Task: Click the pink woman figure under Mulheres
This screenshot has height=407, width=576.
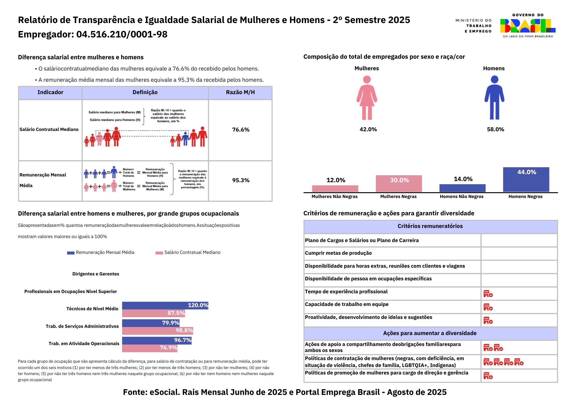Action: pos(367,98)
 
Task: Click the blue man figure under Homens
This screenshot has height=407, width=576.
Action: pos(494,98)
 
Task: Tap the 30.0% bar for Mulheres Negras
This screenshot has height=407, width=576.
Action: pos(399,183)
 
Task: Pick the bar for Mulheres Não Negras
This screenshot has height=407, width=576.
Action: pos(335,189)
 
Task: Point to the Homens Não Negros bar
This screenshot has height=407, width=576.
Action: pos(462,188)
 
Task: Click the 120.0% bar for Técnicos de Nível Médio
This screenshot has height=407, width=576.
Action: pos(165,305)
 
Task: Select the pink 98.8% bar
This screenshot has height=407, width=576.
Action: pos(157,331)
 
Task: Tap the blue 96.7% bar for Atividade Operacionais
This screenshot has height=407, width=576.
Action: pos(157,341)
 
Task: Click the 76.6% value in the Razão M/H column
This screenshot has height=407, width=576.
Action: pos(241,130)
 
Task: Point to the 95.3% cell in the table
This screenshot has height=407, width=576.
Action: pos(241,180)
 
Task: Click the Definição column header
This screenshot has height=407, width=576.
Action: pos(145,92)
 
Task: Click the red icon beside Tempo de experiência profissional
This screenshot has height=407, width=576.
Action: pos(488,294)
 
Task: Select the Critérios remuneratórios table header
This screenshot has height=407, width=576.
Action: pos(430,226)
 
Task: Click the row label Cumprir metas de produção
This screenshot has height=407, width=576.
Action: pos(338,253)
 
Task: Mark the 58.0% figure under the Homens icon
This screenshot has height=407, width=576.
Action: pos(495,130)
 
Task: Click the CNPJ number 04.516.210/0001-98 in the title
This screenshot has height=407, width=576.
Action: pos(122,35)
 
